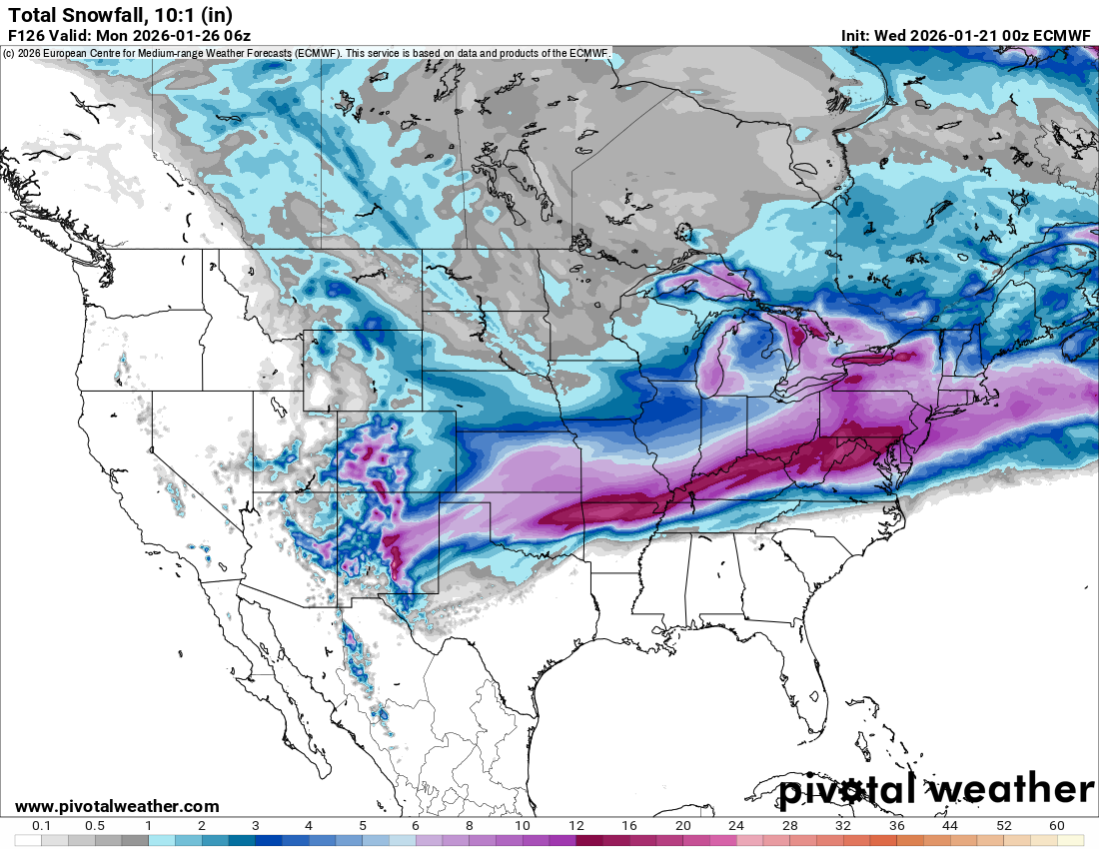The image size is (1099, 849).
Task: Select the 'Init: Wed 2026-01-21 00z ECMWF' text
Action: [966, 35]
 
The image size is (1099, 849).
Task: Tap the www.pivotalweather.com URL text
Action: [117, 806]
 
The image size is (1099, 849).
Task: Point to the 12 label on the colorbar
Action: [575, 826]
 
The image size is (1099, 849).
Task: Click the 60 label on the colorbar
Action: [1057, 826]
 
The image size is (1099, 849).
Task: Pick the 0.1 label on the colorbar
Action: [42, 826]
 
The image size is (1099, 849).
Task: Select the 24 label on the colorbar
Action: [736, 826]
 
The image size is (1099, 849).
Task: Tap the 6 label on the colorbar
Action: [415, 826]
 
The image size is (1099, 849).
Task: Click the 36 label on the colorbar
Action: [896, 826]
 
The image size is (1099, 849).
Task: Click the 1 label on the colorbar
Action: [148, 826]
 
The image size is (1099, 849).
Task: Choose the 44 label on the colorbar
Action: [950, 826]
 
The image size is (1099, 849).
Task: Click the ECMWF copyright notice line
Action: [306, 53]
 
